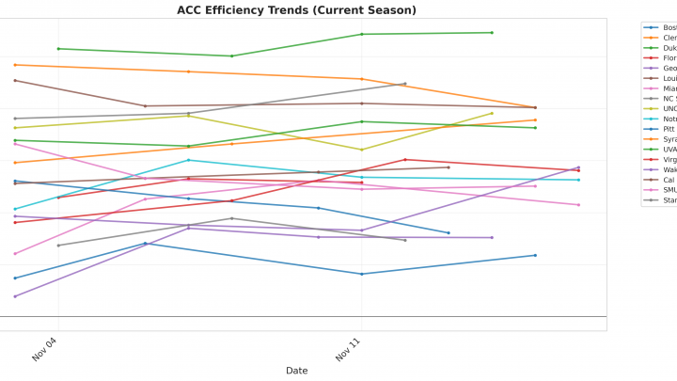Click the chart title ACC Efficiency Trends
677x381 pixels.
click(296, 10)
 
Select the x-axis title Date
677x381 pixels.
click(296, 371)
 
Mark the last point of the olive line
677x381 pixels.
click(493, 113)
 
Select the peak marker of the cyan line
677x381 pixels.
click(188, 160)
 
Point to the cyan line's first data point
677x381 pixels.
click(15, 209)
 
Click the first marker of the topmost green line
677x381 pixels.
click(58, 49)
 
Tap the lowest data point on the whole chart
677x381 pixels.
click(15, 296)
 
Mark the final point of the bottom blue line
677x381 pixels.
click(536, 255)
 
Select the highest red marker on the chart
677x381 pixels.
click(405, 160)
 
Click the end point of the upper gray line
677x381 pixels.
click(405, 84)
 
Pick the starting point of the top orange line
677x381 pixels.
click(15, 65)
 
